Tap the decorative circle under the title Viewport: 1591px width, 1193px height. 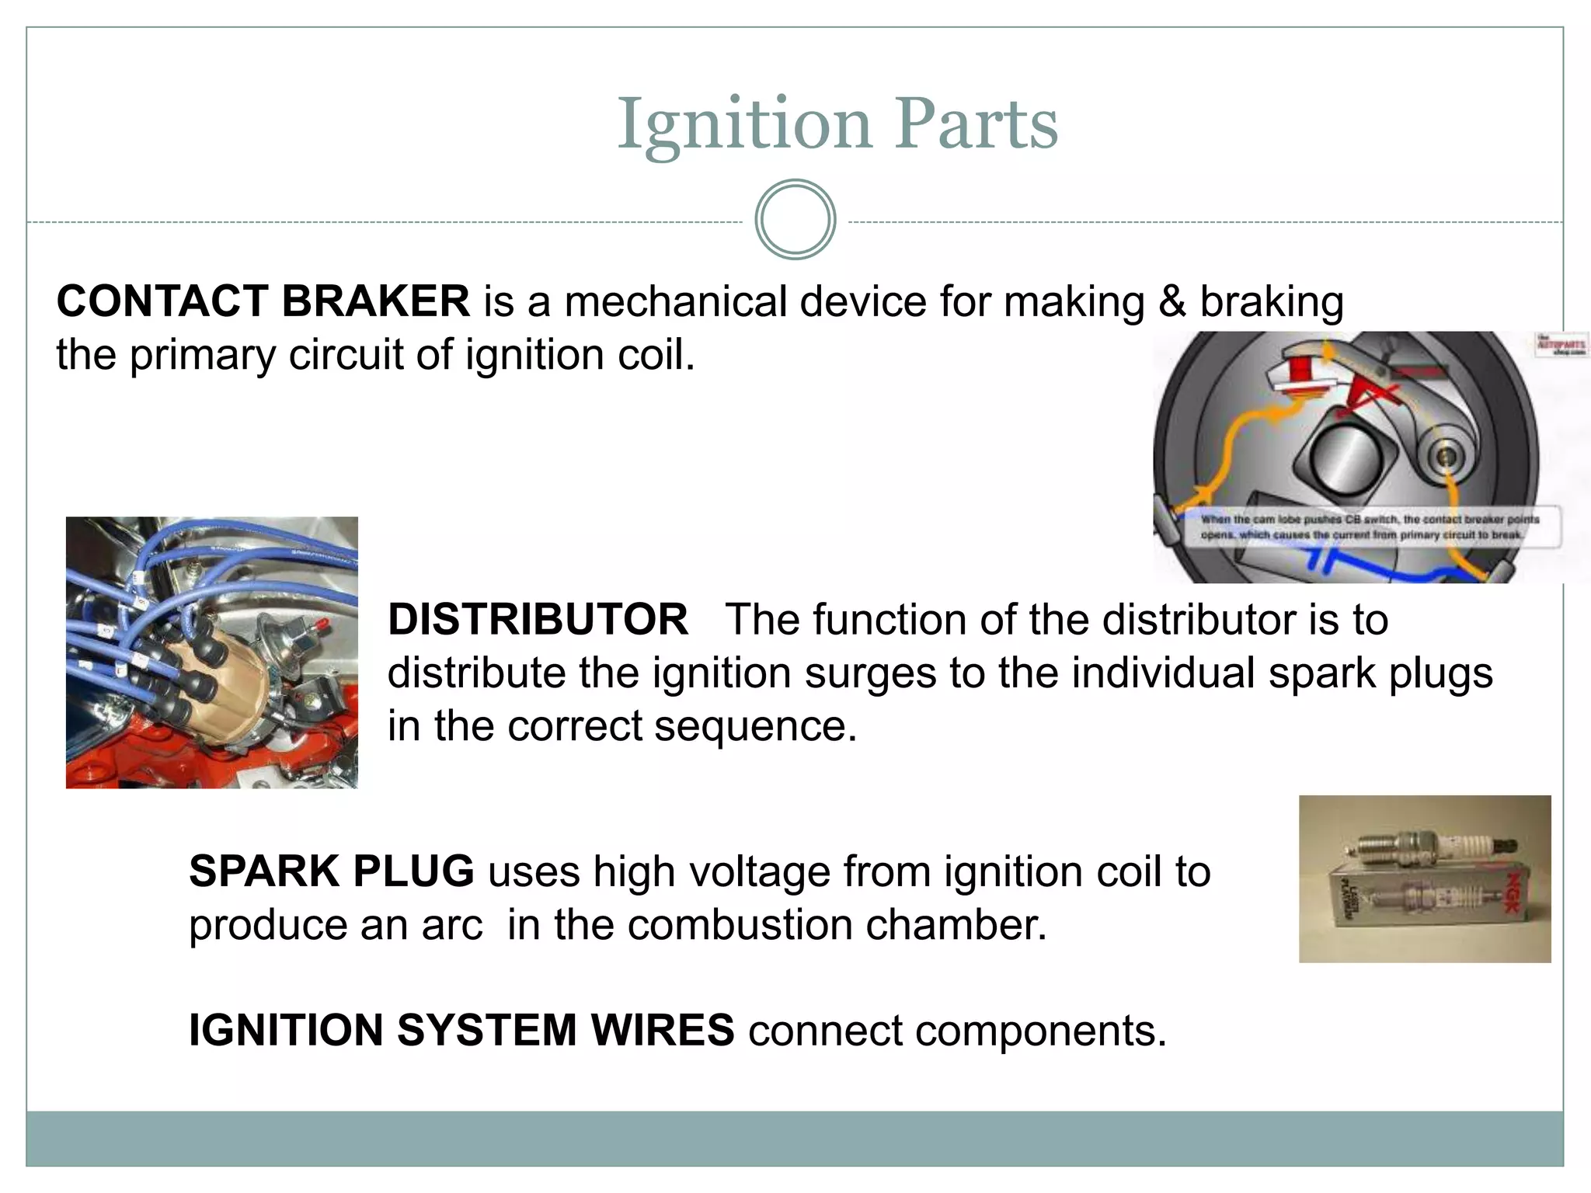pos(795,220)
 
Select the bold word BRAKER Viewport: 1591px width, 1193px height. pos(375,301)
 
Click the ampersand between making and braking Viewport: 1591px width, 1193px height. pos(1172,301)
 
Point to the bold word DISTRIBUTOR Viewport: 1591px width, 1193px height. pos(538,620)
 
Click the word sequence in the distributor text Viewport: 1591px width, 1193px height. pos(754,726)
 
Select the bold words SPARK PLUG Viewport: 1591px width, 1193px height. pos(331,871)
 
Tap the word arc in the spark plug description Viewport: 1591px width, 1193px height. pos(452,925)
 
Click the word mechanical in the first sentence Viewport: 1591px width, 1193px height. pos(675,301)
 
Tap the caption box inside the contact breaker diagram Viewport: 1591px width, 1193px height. pos(1367,527)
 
